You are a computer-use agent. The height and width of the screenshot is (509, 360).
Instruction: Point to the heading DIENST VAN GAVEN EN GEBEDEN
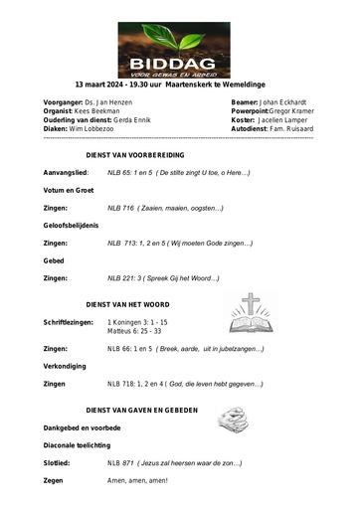(142, 410)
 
